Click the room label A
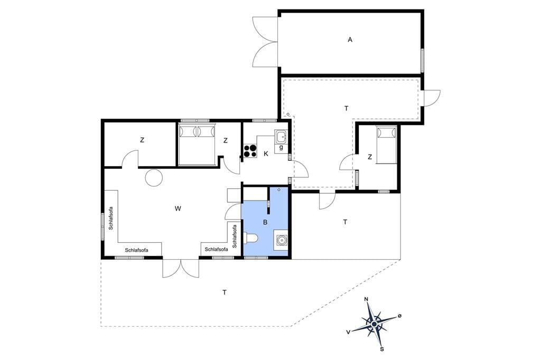350,40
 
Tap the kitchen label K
266,154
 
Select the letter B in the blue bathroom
265,222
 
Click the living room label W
178,209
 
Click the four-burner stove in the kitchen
250,150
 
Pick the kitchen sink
281,137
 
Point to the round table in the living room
154,178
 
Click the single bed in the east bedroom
386,144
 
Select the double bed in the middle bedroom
197,145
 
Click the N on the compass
367,299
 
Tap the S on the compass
382,349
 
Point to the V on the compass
349,331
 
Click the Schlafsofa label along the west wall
111,218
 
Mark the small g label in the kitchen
281,148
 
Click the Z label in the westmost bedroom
142,140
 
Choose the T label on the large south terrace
225,292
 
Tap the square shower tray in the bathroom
281,240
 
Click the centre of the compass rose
374,324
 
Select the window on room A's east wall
422,61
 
